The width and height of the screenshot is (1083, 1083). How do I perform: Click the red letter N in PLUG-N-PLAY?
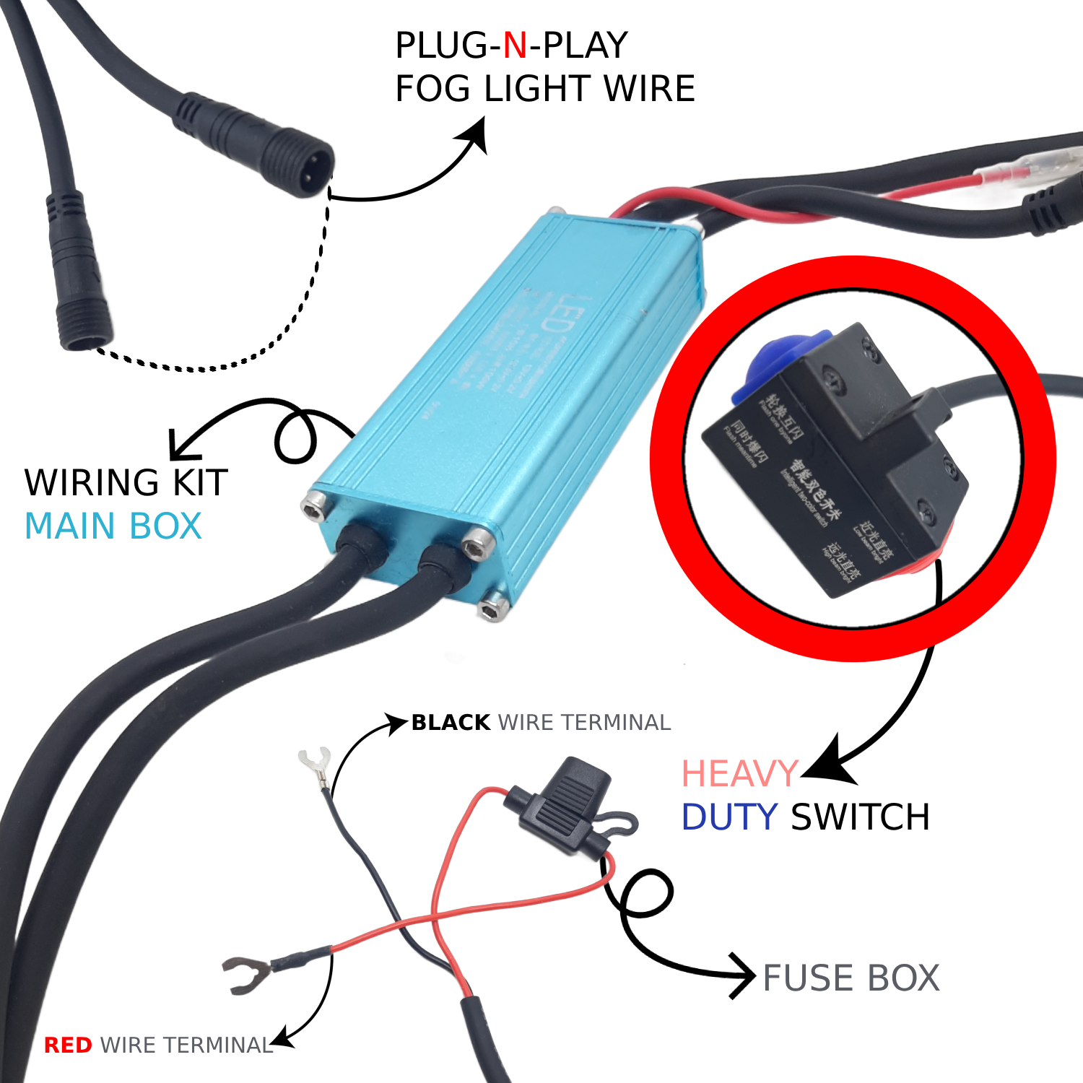[x=515, y=46]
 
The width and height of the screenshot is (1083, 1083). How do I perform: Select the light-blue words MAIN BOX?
[x=113, y=526]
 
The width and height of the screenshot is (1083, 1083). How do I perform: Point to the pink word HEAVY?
[x=739, y=775]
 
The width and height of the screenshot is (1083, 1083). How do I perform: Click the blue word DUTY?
[x=729, y=818]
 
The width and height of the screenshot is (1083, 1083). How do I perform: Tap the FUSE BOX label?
[x=851, y=978]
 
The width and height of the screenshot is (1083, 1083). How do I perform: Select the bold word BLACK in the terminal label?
[x=451, y=723]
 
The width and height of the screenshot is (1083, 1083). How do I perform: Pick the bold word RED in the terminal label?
[x=68, y=1045]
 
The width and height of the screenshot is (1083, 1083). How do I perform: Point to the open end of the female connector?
[x=85, y=336]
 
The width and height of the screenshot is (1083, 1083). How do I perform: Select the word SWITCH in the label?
[x=861, y=818]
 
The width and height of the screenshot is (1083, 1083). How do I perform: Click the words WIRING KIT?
[x=126, y=482]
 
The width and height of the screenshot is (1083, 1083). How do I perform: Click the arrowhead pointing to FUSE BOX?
[x=744, y=976]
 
